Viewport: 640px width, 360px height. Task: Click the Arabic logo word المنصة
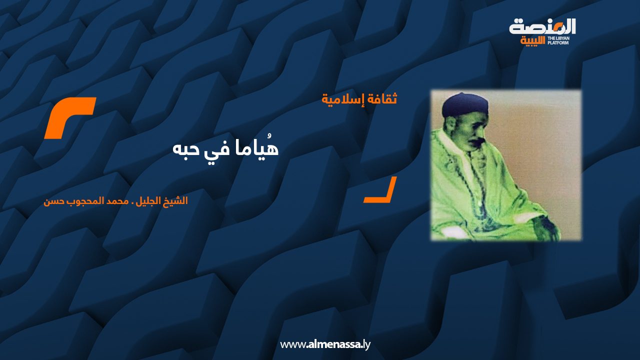click(x=542, y=26)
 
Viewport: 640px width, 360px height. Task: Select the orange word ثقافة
click(x=382, y=99)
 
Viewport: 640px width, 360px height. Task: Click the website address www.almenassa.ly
click(x=325, y=344)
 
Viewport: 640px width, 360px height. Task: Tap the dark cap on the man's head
click(x=465, y=105)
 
